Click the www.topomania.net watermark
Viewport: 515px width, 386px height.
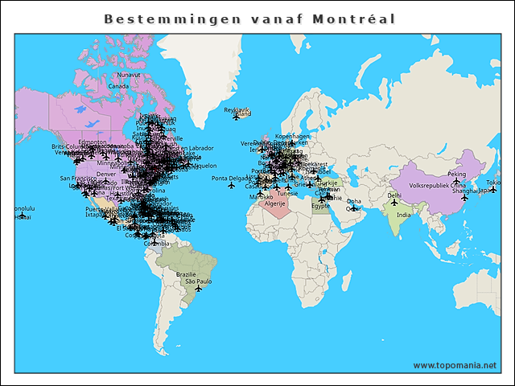click(x=455, y=365)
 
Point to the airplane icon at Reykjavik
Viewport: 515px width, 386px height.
click(x=236, y=117)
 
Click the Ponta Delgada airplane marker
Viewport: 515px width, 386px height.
click(x=232, y=185)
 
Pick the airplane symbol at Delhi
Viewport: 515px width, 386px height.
click(x=394, y=202)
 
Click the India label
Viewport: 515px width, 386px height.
click(x=403, y=215)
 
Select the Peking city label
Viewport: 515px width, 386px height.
click(x=456, y=174)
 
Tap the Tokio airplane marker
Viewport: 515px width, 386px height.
click(x=493, y=190)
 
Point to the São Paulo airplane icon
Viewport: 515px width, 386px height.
click(x=198, y=289)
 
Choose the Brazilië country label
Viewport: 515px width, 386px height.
click(x=186, y=274)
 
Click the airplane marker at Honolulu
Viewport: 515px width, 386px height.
click(x=23, y=216)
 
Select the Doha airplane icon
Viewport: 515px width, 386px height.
click(x=353, y=208)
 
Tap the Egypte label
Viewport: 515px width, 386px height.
click(x=320, y=206)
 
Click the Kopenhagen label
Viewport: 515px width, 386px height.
click(x=292, y=137)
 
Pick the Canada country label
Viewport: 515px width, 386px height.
click(x=118, y=85)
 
